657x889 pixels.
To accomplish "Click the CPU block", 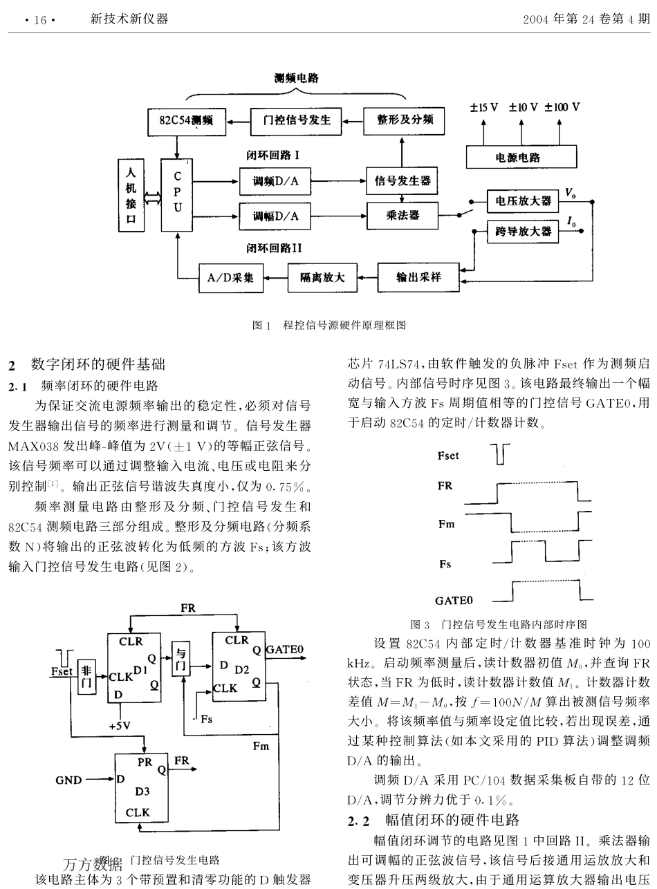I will (177, 194).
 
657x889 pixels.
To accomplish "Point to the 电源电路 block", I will (521, 157).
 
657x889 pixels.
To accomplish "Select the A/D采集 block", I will (230, 278).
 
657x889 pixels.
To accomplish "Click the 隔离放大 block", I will (322, 278).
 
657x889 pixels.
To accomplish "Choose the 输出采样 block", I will (418, 277).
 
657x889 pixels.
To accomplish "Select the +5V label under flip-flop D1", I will (120, 726).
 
